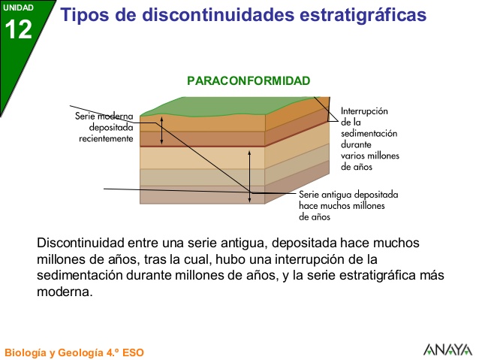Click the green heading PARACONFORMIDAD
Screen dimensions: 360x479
click(249, 80)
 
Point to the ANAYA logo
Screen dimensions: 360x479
click(447, 349)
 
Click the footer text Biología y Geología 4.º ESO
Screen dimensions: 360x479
click(74, 352)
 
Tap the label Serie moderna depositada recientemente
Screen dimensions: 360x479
click(104, 128)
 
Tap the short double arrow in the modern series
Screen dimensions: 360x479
click(159, 132)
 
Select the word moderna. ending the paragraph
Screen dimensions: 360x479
click(64, 291)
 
